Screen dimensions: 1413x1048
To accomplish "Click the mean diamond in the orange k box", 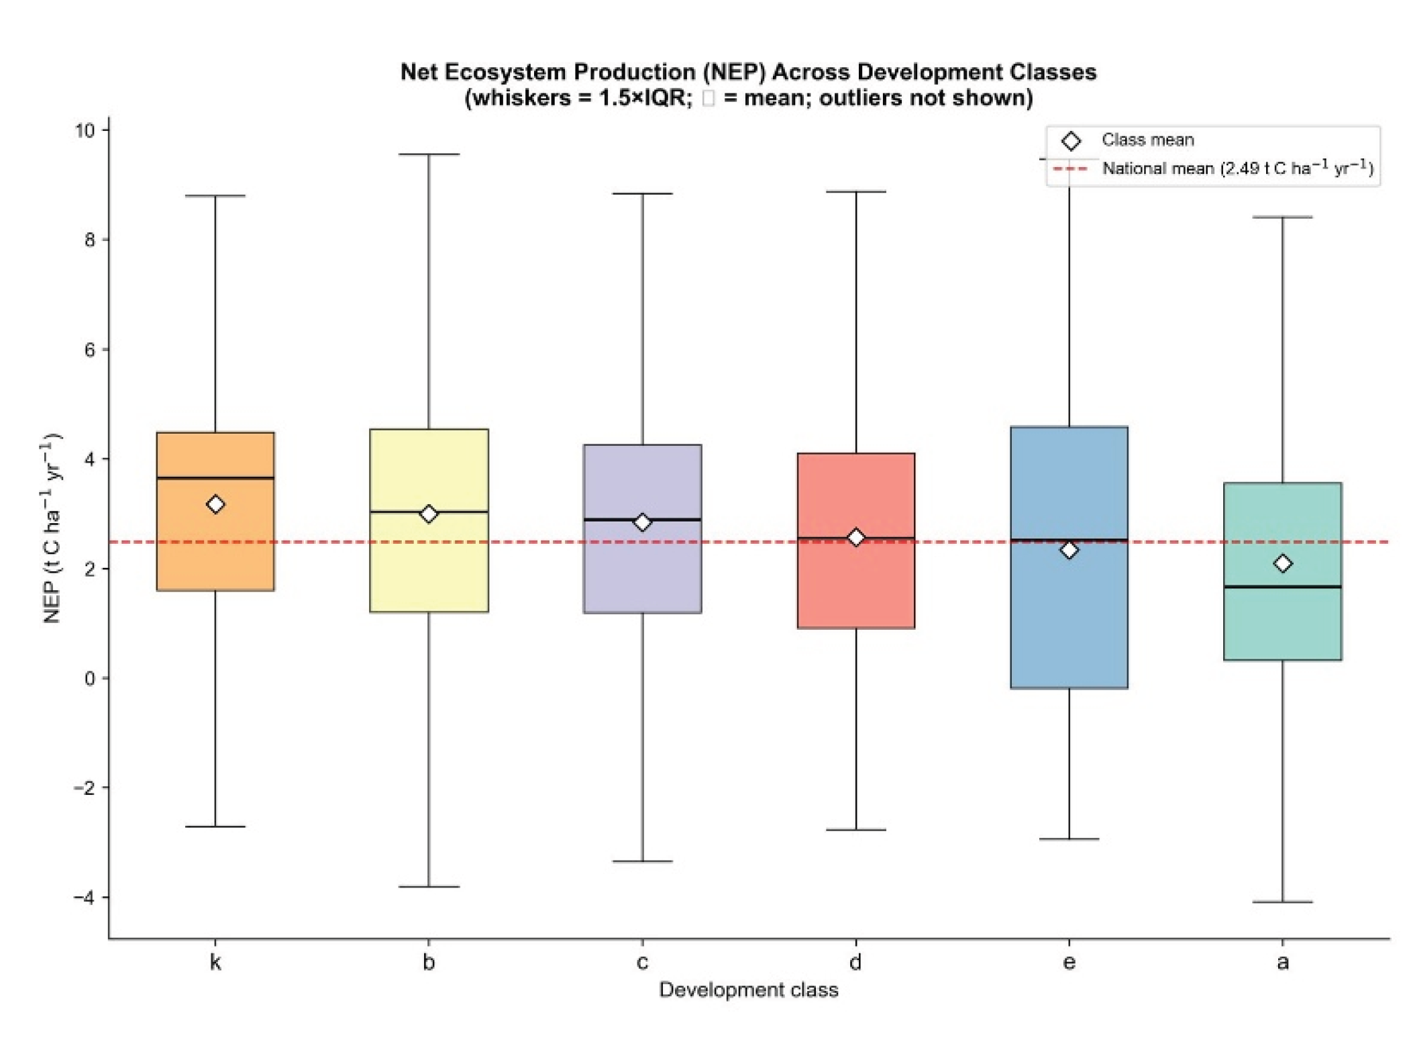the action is coord(215,504).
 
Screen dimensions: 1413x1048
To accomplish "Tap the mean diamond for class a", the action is coord(1283,563).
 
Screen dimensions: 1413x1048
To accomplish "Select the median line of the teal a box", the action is coord(1283,587).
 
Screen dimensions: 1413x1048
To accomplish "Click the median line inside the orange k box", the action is coord(215,478).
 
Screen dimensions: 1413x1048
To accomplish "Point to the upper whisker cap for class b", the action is coord(429,154).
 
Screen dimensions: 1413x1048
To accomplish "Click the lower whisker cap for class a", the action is coord(1283,902).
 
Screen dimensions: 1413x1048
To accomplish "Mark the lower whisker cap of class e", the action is coord(1069,839).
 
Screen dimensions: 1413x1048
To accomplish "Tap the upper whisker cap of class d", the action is coord(856,191).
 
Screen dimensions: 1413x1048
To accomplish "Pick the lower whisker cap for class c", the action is coord(642,861).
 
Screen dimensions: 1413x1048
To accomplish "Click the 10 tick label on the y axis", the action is coord(85,130).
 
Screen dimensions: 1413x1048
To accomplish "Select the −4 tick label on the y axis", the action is coord(84,897).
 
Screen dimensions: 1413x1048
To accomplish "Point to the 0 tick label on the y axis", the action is coord(90,678).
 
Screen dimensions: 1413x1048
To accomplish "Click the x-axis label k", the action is coord(215,962).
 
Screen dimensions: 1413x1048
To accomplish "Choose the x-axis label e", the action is coord(1069,963).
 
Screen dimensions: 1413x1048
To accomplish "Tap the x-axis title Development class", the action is coord(749,990).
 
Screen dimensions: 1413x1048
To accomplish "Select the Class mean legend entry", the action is coord(1127,140).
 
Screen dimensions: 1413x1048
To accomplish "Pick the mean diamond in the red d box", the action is coord(856,538).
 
